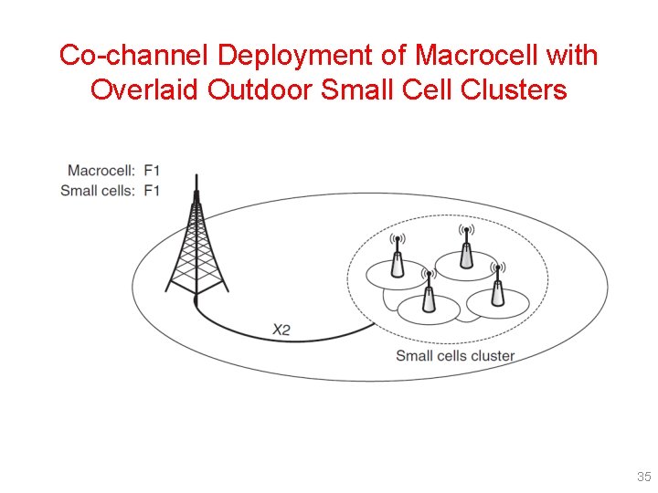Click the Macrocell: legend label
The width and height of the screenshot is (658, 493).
[x=101, y=171]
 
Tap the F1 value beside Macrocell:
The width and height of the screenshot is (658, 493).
[x=153, y=171]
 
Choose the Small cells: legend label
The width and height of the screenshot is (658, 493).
[x=97, y=190]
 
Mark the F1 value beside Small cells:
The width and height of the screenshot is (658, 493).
[x=153, y=190]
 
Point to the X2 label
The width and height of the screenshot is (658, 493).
[x=281, y=330]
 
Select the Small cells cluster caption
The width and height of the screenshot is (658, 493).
[x=454, y=356]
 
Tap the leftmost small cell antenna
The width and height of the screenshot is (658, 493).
[x=397, y=257]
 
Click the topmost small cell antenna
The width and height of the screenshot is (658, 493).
[x=466, y=247]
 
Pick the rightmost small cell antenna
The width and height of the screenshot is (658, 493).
[x=497, y=285]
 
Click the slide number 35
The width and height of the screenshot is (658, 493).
[x=643, y=477]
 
